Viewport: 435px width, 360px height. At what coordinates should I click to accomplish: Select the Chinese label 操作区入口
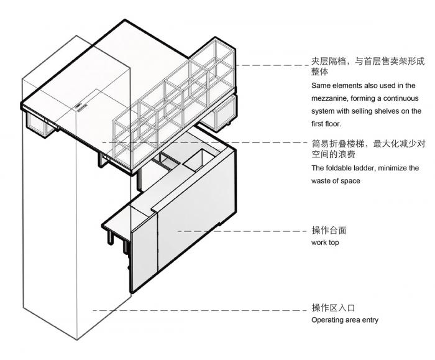(x=332, y=308)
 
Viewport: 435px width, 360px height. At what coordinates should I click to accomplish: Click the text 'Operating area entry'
(x=344, y=320)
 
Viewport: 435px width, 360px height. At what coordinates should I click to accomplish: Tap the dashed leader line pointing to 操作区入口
(x=199, y=310)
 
